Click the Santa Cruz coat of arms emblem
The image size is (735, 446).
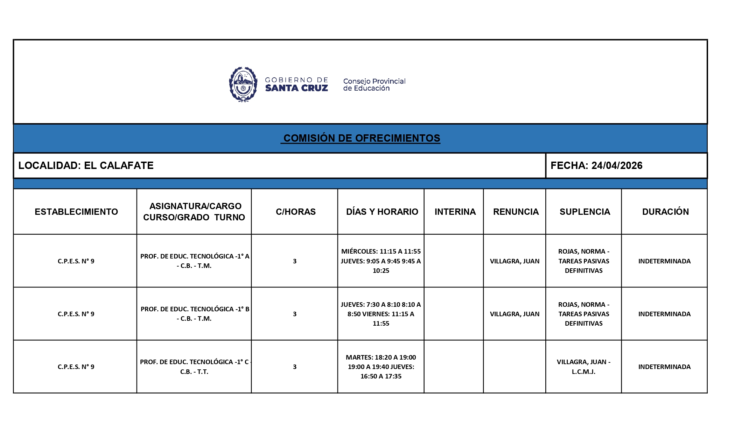coord(243,84)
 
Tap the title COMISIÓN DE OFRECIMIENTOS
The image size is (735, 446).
coord(362,138)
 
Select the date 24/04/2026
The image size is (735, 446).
coord(617,165)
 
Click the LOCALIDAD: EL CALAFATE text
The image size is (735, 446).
coord(86,165)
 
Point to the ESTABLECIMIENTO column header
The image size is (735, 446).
coord(76,212)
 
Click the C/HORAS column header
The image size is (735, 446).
coord(295,212)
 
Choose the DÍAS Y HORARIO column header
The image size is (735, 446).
coord(382,212)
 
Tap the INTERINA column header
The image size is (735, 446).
coord(455,212)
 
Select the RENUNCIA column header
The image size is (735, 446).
coord(516,212)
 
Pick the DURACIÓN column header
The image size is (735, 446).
coord(665,212)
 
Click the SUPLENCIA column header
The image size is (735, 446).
coord(584,212)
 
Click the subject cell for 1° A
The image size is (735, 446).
coord(195,261)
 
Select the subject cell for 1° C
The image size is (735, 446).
coord(195,367)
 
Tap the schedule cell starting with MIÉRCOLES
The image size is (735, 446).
coord(381,261)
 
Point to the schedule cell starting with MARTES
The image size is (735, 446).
coord(381,367)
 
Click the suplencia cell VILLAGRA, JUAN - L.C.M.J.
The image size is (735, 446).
coord(583,367)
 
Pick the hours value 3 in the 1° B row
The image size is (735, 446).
coord(295,314)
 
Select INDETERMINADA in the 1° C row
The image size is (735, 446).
coord(664,367)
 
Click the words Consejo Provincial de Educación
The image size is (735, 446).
coord(374,85)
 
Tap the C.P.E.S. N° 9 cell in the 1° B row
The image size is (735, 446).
coord(76,314)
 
